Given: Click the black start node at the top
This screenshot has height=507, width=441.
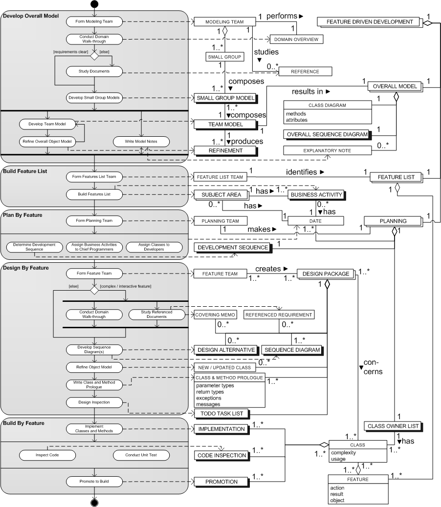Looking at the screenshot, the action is pyautogui.click(x=94, y=4).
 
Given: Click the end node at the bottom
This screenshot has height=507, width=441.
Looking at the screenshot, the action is pyautogui.click(x=94, y=503).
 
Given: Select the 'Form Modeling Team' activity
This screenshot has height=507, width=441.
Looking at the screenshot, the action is pyautogui.click(x=94, y=21).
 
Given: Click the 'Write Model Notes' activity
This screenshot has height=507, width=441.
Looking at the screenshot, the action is pyautogui.click(x=141, y=142).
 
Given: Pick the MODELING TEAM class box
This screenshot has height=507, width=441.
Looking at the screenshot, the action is pyautogui.click(x=224, y=21).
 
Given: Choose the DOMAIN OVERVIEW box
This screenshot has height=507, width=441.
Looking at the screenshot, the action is pyautogui.click(x=296, y=40).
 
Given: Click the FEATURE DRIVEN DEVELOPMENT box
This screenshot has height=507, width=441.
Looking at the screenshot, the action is pyautogui.click(x=370, y=22).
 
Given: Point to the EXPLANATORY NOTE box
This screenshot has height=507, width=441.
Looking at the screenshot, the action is pyautogui.click(x=327, y=150).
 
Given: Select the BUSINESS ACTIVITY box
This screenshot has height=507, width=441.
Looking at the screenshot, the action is pyautogui.click(x=316, y=195).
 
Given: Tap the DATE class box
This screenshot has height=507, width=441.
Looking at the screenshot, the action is pyautogui.click(x=315, y=221).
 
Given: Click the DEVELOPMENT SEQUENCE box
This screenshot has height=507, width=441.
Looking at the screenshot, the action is pyautogui.click(x=233, y=248).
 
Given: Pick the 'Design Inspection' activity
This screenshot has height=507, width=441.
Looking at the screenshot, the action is pyautogui.click(x=94, y=402).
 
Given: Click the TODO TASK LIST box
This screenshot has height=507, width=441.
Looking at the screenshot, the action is pyautogui.click(x=221, y=414).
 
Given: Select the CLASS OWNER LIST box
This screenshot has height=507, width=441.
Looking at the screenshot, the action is pyautogui.click(x=393, y=426).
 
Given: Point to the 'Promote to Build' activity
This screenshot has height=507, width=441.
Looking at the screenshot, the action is pyautogui.click(x=94, y=482).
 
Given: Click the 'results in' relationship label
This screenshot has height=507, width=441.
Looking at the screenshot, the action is pyautogui.click(x=308, y=91).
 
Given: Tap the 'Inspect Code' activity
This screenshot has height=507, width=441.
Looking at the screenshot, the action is pyautogui.click(x=47, y=455).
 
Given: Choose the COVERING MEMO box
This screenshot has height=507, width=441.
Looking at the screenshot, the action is pyautogui.click(x=215, y=315).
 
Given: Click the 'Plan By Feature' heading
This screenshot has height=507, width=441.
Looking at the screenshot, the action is pyautogui.click(x=22, y=215).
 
